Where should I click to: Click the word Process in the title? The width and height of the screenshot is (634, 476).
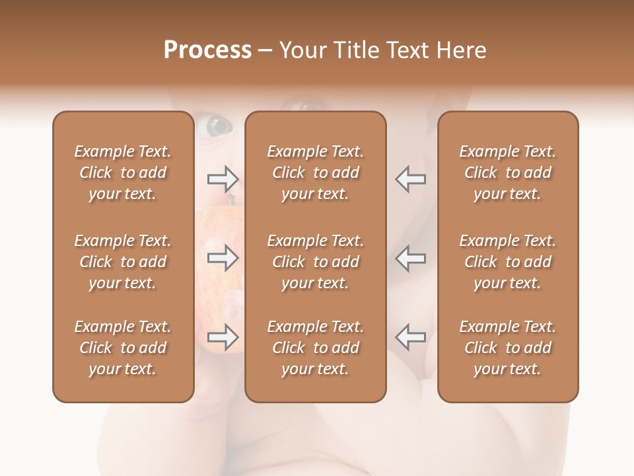click(207, 50)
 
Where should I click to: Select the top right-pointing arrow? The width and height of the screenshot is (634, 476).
click(223, 179)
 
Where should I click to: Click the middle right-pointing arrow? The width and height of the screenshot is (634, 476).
click(223, 258)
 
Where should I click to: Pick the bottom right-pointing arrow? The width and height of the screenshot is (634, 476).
click(223, 337)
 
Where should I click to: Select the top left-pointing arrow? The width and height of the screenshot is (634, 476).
click(410, 179)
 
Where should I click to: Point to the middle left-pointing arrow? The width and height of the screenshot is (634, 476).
click(410, 258)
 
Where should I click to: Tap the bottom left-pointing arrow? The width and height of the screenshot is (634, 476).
click(410, 337)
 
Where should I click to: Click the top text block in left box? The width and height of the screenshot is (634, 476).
click(123, 173)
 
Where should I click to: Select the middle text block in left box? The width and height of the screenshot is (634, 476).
click(123, 262)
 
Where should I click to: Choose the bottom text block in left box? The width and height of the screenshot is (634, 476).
click(123, 348)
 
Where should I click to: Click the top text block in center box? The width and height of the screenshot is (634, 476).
click(315, 173)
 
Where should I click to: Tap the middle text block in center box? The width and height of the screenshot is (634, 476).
click(315, 262)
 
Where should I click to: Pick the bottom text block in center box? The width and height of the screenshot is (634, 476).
click(315, 348)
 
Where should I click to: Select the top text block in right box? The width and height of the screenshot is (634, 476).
click(508, 173)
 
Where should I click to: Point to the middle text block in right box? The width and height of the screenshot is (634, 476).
click(508, 262)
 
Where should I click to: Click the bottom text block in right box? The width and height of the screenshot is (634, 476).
click(508, 348)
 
